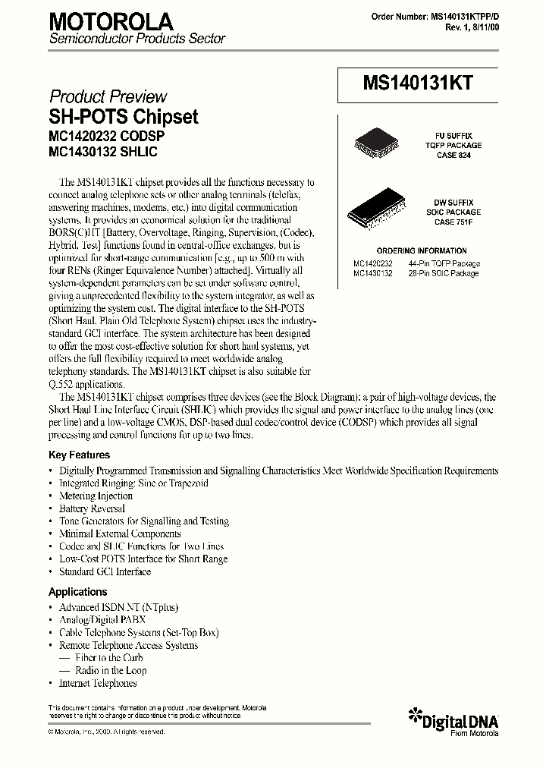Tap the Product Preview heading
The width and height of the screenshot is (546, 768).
pyautogui.click(x=108, y=96)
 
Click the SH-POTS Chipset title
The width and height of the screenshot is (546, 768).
pyautogui.click(x=124, y=117)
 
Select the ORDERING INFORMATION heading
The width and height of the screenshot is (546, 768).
pyautogui.click(x=422, y=250)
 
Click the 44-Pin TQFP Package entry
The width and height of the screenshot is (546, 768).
pyautogui.click(x=444, y=263)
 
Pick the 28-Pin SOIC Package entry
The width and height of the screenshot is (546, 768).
pyautogui.click(x=443, y=272)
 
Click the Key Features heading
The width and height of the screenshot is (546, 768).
pyautogui.click(x=79, y=455)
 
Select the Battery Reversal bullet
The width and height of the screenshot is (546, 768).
pyautogui.click(x=92, y=508)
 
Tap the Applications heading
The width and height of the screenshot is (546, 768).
pyautogui.click(x=78, y=592)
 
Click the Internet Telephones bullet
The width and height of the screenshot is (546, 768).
pyautogui.click(x=98, y=683)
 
